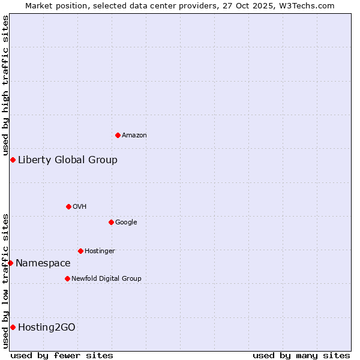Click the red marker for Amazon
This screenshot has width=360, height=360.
118,135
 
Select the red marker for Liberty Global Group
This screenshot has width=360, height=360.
13,160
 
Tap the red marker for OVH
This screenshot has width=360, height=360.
68,206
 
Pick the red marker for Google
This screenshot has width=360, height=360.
111,222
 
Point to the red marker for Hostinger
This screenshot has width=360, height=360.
80,251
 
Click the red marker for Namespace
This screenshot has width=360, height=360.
10,263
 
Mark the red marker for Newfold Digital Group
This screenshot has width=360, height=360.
67,278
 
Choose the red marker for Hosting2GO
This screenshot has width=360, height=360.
13,327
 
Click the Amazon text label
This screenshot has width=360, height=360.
134,136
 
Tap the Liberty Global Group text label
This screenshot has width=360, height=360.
68,160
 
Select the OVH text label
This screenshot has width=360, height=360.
80,207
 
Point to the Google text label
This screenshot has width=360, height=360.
126,223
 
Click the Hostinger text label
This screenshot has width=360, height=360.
100,251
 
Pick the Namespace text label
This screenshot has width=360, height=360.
43,263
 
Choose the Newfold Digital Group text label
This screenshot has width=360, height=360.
106,278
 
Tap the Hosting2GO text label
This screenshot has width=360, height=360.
47,327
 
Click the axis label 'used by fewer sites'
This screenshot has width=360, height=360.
62,355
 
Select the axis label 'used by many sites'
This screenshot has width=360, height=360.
301,355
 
